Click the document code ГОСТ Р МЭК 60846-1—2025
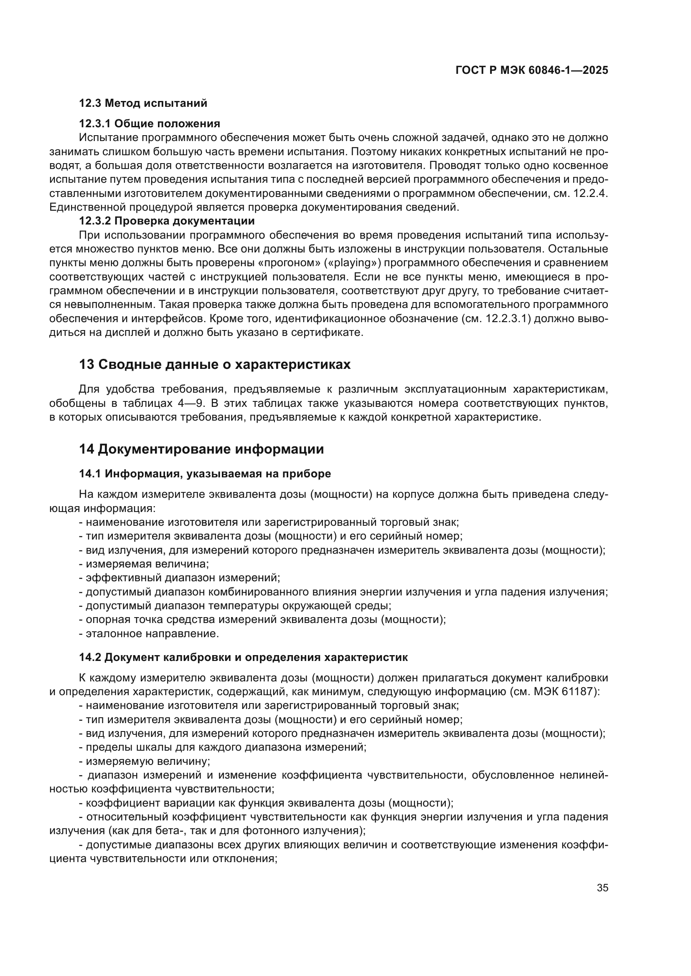(531, 70)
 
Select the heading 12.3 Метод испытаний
(143, 103)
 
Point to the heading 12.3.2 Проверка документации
(167, 221)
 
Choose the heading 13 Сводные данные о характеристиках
(215, 364)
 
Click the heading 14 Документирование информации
(201, 449)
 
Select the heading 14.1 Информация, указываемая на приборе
(205, 474)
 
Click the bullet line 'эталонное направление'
(152, 634)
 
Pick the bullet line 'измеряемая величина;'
(147, 564)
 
